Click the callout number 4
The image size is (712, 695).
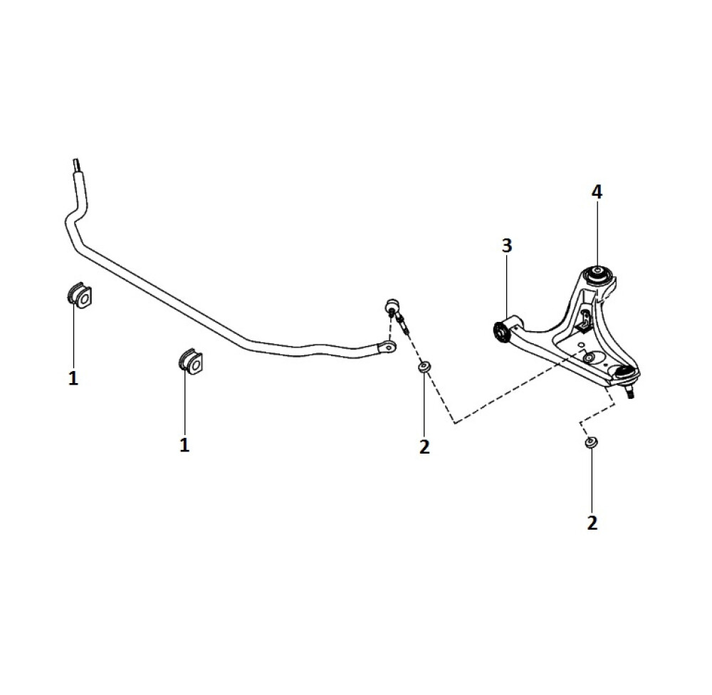[x=597, y=192]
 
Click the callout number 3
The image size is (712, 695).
[x=507, y=246]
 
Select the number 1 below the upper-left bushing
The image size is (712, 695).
[x=73, y=378]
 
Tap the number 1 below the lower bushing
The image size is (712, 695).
[x=184, y=445]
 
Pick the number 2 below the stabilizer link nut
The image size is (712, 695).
[x=424, y=447]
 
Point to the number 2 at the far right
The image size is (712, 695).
[x=592, y=523]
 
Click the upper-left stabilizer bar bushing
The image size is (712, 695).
[x=80, y=296]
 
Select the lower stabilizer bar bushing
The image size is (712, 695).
[x=190, y=362]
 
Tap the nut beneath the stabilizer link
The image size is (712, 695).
[x=424, y=367]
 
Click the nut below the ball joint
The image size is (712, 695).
[x=591, y=442]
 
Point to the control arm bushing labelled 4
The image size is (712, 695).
[x=597, y=275]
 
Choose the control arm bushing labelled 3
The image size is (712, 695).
[x=501, y=333]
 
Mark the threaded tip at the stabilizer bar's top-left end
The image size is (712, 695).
[x=78, y=164]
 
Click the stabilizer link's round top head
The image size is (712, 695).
[x=392, y=304]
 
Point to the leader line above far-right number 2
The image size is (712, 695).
[x=592, y=481]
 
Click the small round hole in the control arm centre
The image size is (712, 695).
[x=589, y=357]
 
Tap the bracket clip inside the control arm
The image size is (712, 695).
[x=583, y=319]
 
